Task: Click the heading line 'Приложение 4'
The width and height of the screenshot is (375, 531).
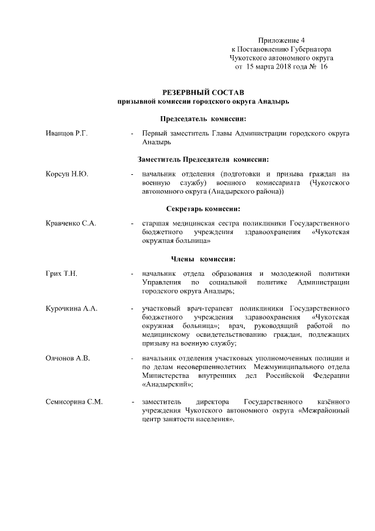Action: tap(281, 40)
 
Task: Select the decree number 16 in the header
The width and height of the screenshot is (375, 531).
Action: tap(322, 67)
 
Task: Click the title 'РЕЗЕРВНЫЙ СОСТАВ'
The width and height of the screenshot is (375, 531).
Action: tap(202, 93)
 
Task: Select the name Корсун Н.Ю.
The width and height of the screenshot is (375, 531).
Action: tap(67, 174)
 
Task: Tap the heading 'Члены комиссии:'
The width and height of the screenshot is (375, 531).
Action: tap(203, 258)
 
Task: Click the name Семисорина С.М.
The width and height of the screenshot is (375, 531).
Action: tap(74, 402)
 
